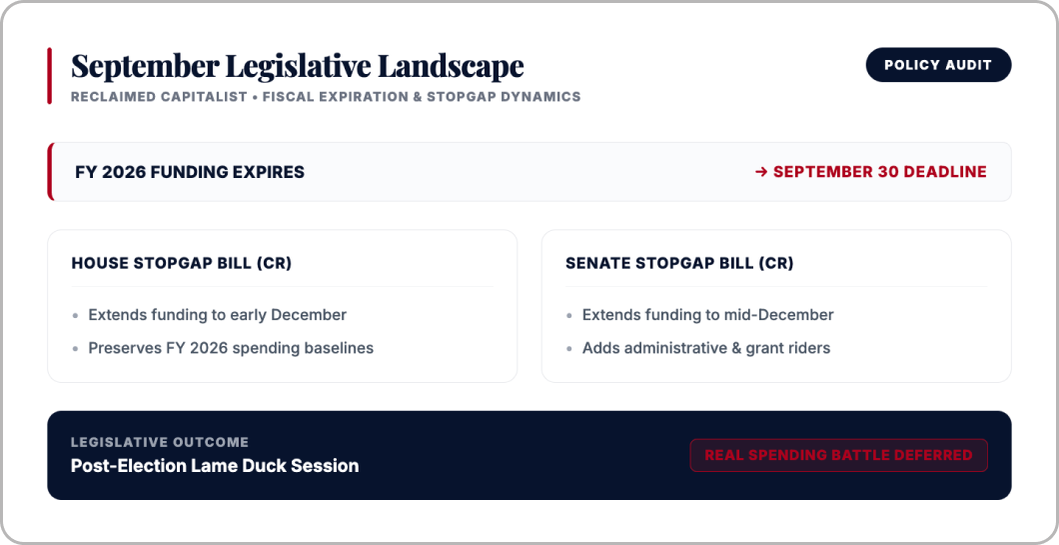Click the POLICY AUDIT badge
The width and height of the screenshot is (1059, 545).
(x=938, y=65)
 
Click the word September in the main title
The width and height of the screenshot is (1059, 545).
(x=145, y=67)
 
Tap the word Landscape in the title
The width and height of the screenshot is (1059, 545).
(x=451, y=66)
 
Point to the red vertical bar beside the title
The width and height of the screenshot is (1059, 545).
(x=49, y=76)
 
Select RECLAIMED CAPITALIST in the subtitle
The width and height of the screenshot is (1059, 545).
(x=159, y=97)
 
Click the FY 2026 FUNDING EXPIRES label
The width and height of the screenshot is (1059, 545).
(x=190, y=172)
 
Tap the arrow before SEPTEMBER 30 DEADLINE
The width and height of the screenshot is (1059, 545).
(x=761, y=172)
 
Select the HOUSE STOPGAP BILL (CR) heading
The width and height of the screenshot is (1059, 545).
(x=182, y=263)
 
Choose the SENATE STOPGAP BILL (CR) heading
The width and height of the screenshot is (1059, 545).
(x=679, y=263)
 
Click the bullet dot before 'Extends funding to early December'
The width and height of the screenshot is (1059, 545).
(x=76, y=316)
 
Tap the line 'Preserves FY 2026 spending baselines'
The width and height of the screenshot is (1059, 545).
(x=231, y=348)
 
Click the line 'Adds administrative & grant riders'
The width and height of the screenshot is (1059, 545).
(x=706, y=348)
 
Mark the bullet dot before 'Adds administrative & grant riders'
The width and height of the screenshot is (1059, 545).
(x=570, y=349)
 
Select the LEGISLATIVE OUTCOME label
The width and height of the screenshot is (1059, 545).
(x=160, y=442)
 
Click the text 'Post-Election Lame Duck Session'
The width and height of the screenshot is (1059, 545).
(x=215, y=466)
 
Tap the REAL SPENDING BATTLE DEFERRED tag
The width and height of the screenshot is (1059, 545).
(x=839, y=455)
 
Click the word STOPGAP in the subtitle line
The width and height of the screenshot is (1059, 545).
(x=462, y=97)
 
